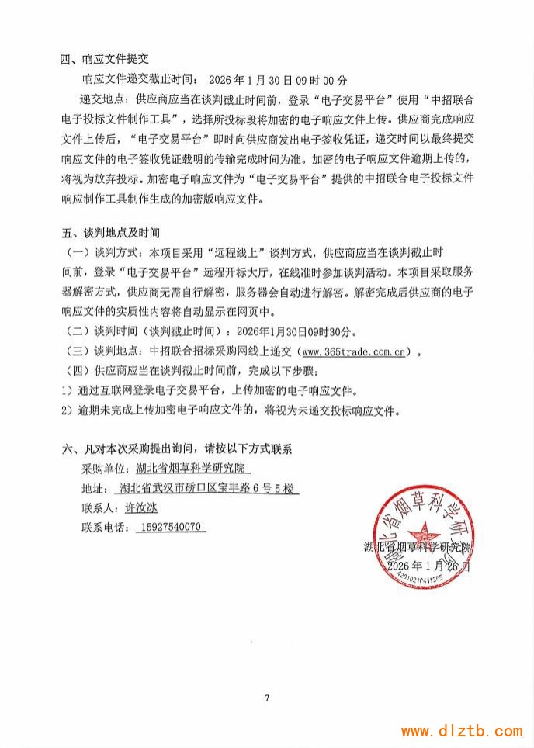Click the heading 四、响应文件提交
tap(104, 59)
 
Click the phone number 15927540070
tap(171, 527)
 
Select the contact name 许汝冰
tap(140, 507)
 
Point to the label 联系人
tap(99, 507)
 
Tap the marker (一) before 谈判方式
tap(78, 253)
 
